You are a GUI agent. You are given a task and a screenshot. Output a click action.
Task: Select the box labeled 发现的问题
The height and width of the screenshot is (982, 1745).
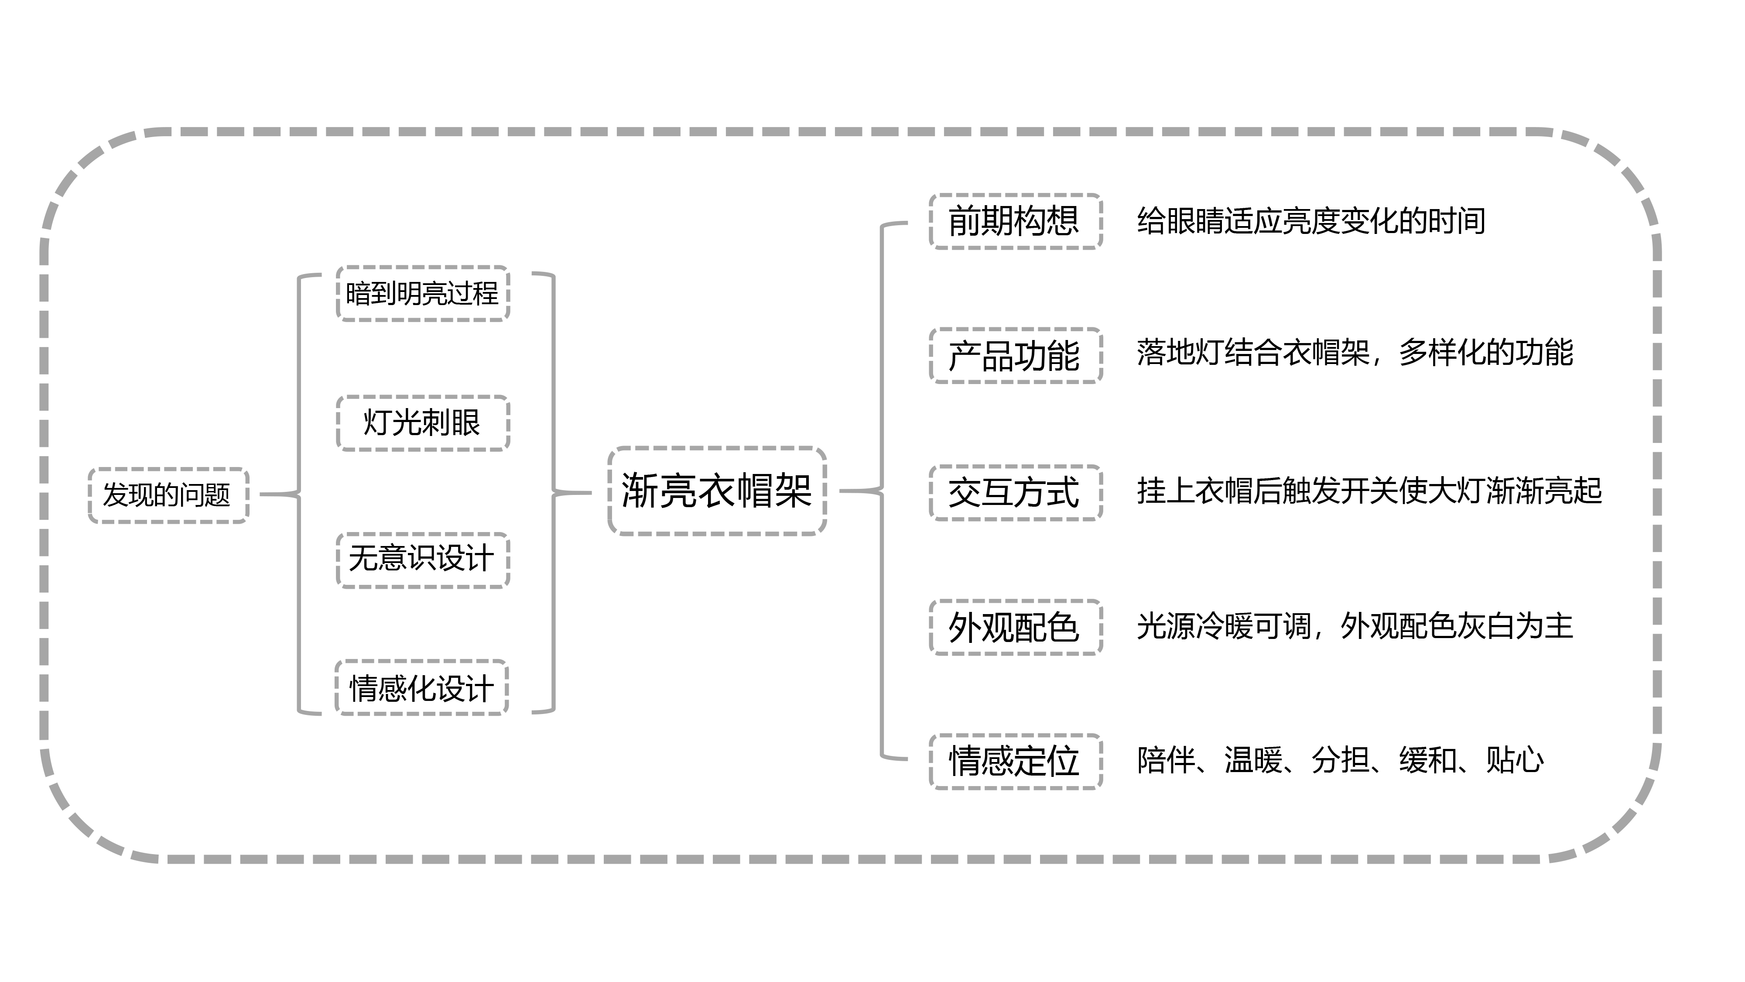tap(168, 495)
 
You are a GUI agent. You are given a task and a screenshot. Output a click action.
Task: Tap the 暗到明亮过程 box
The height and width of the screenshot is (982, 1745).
tap(423, 293)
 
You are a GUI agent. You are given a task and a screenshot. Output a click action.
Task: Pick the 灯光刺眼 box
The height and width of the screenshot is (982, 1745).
tap(423, 423)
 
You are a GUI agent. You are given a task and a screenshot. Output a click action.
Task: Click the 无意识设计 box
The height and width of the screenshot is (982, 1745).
tap(423, 559)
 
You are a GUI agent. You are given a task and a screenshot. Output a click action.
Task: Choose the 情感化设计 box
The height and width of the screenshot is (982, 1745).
tap(421, 688)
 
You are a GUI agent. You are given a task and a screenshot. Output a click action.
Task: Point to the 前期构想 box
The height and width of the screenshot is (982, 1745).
tap(1015, 221)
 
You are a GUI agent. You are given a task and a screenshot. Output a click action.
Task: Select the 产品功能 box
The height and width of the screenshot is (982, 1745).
tap(1015, 356)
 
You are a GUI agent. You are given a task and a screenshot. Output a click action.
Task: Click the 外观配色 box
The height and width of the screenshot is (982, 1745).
tap(1015, 627)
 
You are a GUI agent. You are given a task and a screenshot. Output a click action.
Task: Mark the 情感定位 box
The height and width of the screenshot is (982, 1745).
tap(1015, 761)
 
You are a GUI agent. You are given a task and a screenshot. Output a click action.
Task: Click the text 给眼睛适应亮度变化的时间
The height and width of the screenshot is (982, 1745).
tap(1311, 221)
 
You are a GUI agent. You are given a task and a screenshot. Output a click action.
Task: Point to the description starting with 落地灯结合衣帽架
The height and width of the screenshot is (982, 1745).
tap(1355, 352)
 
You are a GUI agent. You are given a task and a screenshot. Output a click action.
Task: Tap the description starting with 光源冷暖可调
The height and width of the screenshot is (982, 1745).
tap(1355, 625)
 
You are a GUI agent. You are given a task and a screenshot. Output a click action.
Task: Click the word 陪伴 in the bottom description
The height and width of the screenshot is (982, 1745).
tap(1166, 760)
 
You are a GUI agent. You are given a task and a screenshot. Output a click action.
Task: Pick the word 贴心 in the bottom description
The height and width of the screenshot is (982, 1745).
tap(1515, 760)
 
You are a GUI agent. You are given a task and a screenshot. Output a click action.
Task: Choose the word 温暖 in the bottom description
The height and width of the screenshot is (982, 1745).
tap(1253, 760)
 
